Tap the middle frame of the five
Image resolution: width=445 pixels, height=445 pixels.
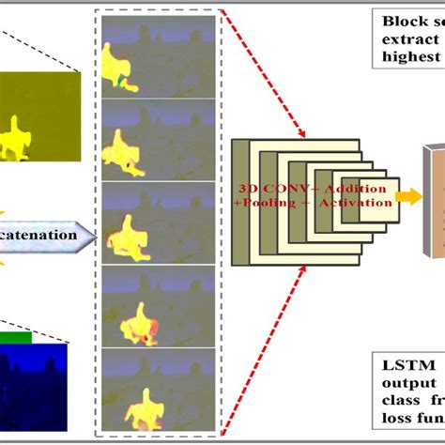(x=158, y=222)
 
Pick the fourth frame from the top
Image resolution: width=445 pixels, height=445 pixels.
(x=158, y=305)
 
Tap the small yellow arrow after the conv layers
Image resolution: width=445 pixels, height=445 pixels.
(x=407, y=196)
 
